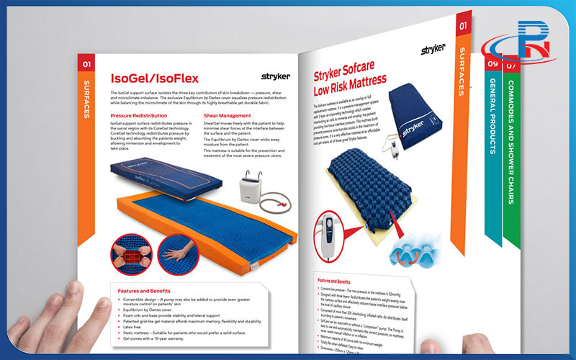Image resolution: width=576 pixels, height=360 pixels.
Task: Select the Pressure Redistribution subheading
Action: [x=138, y=115]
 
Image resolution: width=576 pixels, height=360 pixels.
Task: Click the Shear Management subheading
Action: [x=227, y=115]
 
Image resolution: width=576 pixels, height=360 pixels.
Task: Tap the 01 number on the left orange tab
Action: [x=86, y=64]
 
